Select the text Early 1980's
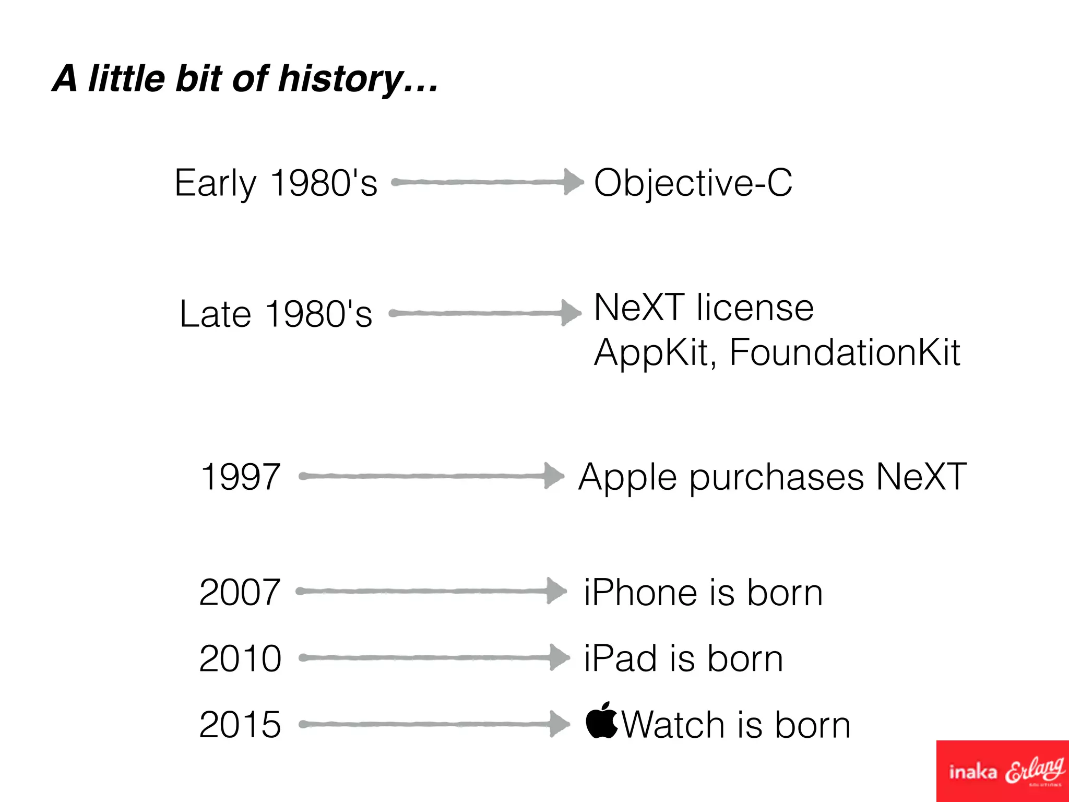click(276, 183)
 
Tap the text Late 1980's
click(276, 314)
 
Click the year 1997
click(241, 477)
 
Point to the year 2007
click(240, 592)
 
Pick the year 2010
click(240, 658)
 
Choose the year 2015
click(240, 725)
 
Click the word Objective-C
click(693, 183)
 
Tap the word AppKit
click(652, 353)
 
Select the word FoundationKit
click(844, 352)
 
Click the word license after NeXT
click(755, 308)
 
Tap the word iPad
click(621, 658)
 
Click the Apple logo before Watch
click(601, 721)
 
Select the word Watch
click(673, 725)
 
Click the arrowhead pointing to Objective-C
click(573, 182)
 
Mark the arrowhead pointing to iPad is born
click(560, 657)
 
